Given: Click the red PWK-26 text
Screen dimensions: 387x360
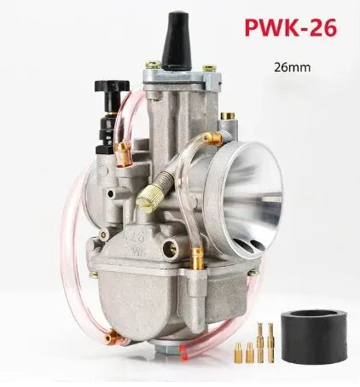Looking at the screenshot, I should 292,27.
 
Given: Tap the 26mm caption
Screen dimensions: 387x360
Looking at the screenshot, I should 293,66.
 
